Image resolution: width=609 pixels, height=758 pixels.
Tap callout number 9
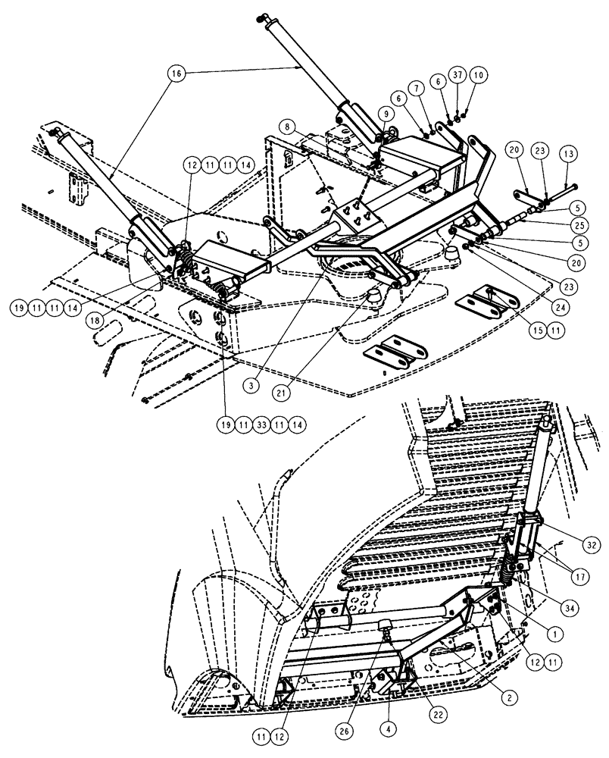[x=386, y=114]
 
